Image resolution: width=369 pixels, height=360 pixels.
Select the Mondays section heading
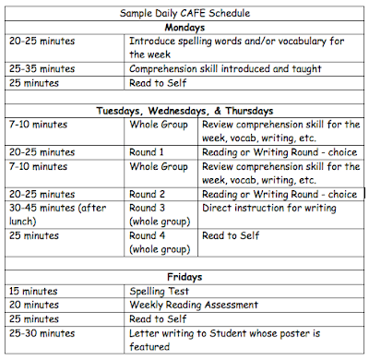coord(184,29)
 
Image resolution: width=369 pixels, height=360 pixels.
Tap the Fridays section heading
coord(184,275)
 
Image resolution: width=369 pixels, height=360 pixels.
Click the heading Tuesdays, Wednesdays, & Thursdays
coord(184,111)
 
